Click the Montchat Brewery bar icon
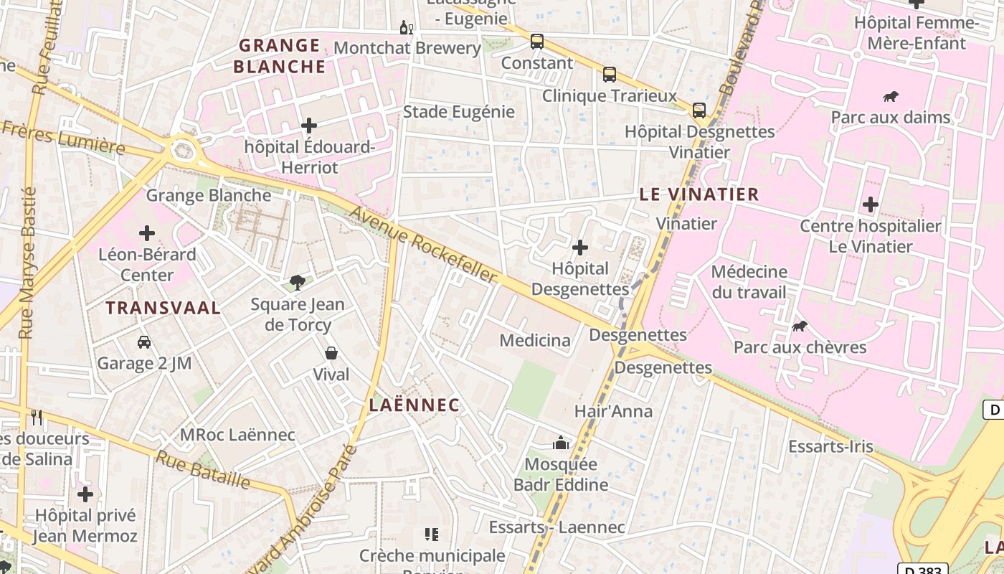(x=406, y=28)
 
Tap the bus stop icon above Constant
(x=537, y=42)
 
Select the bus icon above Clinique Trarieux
(x=610, y=74)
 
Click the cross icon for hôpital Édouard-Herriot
(x=309, y=126)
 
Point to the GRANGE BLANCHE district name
(x=280, y=56)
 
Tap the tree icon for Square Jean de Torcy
(x=298, y=283)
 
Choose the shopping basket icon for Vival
(x=331, y=353)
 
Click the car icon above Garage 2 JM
(x=144, y=342)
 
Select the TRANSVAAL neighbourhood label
(x=163, y=308)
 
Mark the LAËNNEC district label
(x=414, y=405)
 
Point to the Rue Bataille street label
(x=204, y=470)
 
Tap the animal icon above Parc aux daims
(x=891, y=96)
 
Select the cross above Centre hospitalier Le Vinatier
(x=871, y=204)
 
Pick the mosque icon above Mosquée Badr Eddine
(x=561, y=443)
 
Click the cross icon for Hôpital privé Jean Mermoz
(x=85, y=494)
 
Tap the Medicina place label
(x=535, y=340)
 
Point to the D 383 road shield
(x=922, y=569)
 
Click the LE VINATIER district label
(x=698, y=194)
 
